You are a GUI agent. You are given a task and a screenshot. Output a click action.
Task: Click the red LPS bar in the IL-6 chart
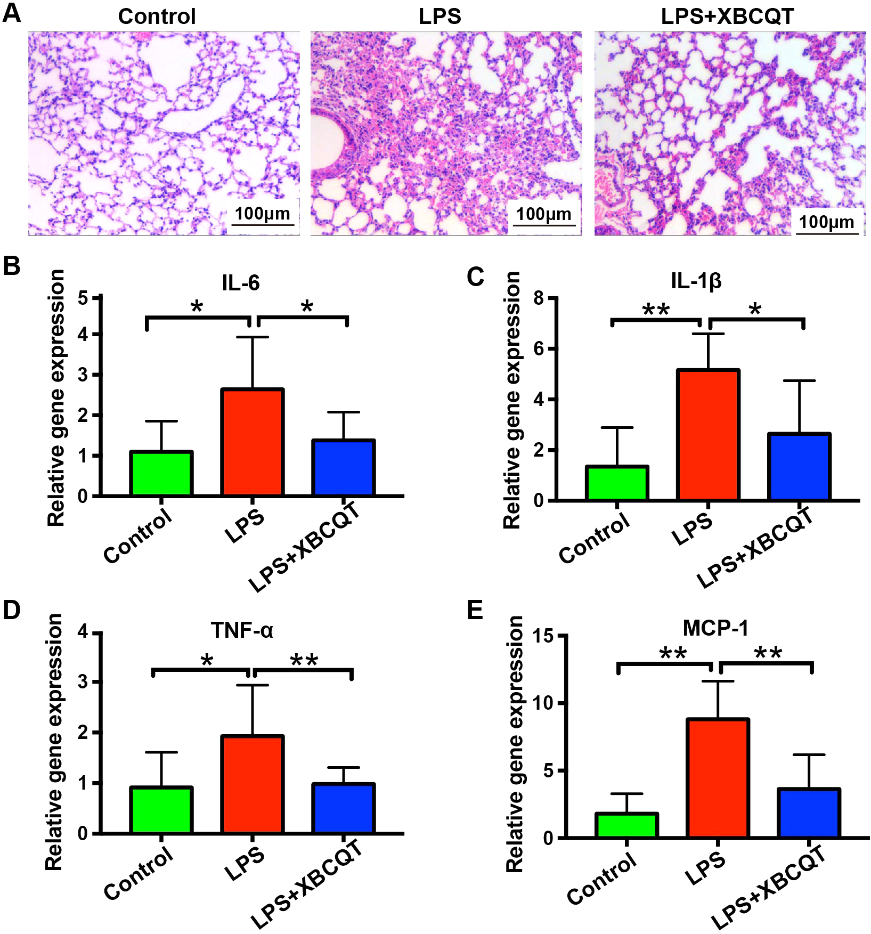252,442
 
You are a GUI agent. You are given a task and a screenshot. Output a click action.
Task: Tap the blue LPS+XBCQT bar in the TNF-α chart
344,808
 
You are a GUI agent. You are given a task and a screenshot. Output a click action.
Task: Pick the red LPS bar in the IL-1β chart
708,435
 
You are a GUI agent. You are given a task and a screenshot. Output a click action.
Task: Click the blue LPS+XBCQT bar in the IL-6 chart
344,468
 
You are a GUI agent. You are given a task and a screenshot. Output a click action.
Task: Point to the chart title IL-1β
696,281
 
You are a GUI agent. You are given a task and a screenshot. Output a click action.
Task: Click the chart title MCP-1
715,628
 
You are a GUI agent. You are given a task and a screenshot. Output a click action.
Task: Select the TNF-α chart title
242,630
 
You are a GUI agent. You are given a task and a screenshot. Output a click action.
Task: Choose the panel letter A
12,13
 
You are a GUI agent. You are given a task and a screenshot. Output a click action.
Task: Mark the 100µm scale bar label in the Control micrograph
263,214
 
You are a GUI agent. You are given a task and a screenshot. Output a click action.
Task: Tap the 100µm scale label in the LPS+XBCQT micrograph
826,222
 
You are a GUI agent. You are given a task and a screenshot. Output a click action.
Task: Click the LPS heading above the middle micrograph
439,17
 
